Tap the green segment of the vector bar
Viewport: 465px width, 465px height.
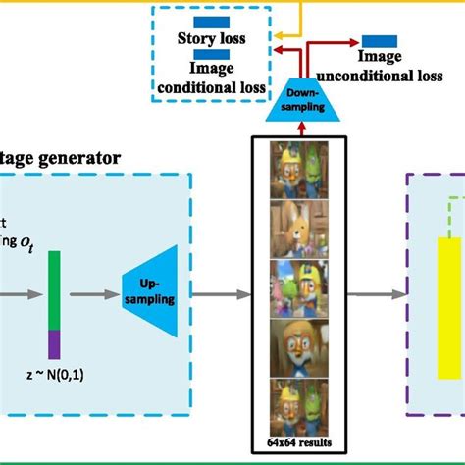[54, 288]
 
